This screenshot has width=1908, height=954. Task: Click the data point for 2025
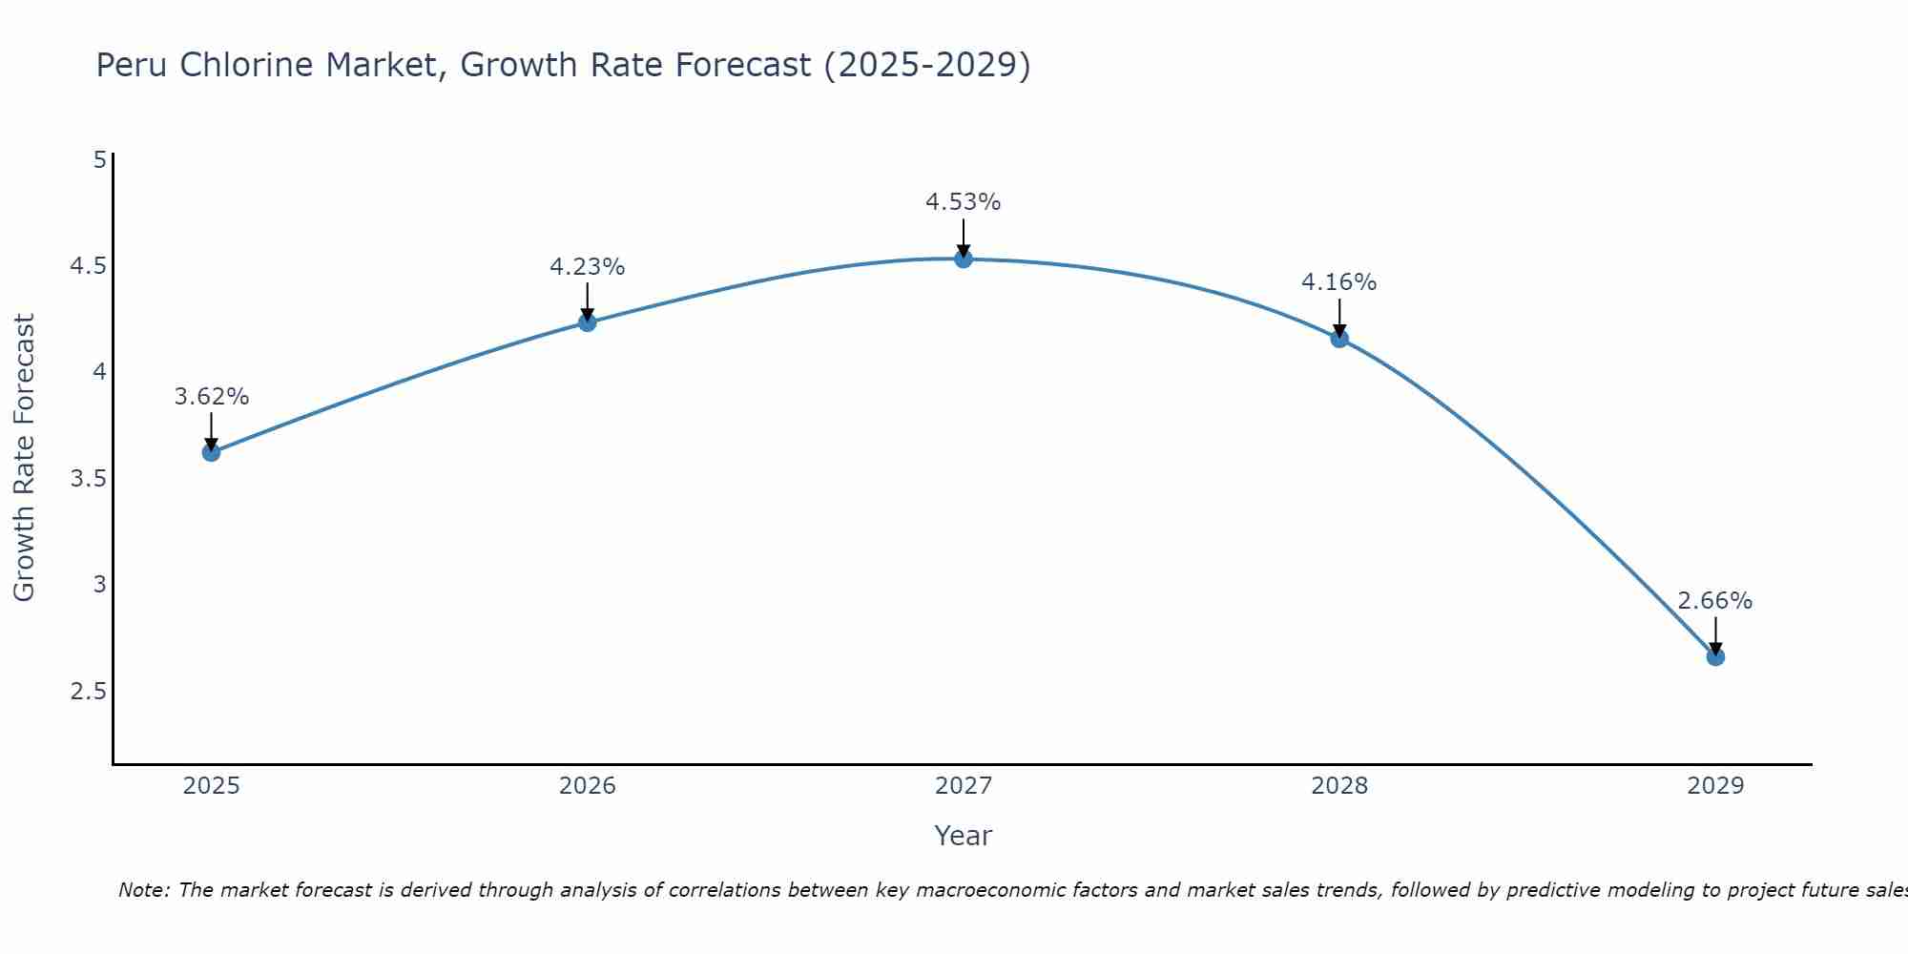[211, 452]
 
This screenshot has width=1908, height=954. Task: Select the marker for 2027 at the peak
[964, 259]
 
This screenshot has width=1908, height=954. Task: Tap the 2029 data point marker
[1715, 656]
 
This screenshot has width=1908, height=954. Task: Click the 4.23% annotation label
[587, 267]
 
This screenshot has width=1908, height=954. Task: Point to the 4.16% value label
[1338, 282]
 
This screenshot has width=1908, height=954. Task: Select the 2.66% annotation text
[1714, 601]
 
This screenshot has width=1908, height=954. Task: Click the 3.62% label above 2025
[211, 397]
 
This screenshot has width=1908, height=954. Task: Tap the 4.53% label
[963, 202]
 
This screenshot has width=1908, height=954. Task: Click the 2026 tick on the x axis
[587, 786]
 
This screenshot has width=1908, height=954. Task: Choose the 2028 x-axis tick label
[1338, 786]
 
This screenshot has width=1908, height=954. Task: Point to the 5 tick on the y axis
[99, 159]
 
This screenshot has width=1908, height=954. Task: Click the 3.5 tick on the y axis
[88, 478]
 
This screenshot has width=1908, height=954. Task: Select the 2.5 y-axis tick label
[88, 691]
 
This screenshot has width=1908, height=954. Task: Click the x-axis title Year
[963, 836]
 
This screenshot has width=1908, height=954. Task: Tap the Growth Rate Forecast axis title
[24, 458]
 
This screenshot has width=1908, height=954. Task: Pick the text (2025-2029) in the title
[926, 66]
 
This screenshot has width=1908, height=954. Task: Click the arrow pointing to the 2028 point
[1338, 319]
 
